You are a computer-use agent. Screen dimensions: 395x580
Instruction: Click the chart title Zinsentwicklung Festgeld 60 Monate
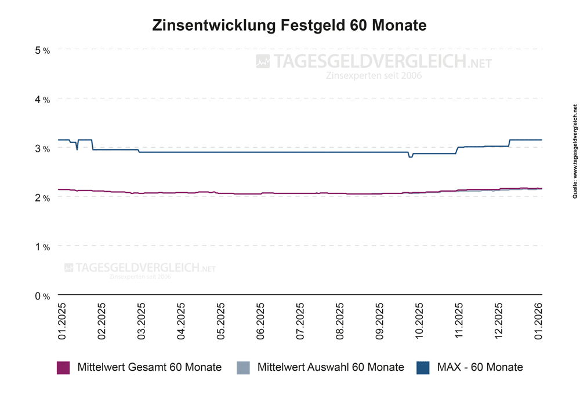click(x=289, y=25)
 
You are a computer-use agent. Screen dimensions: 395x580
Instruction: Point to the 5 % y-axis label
click(x=42, y=50)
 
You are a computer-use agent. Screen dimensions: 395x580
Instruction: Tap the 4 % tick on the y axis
click(x=42, y=100)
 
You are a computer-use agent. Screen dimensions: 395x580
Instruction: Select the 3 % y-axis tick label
click(x=42, y=149)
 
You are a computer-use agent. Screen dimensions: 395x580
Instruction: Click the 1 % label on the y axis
click(x=42, y=247)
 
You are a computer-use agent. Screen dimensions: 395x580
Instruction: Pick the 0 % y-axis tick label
click(x=42, y=296)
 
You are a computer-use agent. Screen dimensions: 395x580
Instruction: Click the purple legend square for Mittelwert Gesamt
click(x=63, y=367)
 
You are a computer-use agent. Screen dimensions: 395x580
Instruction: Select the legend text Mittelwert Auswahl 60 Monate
click(x=330, y=367)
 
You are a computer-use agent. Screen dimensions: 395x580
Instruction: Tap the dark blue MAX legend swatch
click(x=423, y=367)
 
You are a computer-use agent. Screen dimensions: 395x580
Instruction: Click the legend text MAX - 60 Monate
click(x=480, y=367)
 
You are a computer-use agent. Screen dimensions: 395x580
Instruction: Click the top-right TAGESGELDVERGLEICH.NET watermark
click(x=374, y=62)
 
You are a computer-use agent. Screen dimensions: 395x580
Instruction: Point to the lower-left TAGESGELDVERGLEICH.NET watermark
click(x=139, y=268)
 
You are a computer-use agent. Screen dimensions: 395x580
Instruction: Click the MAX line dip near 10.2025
click(x=410, y=156)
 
